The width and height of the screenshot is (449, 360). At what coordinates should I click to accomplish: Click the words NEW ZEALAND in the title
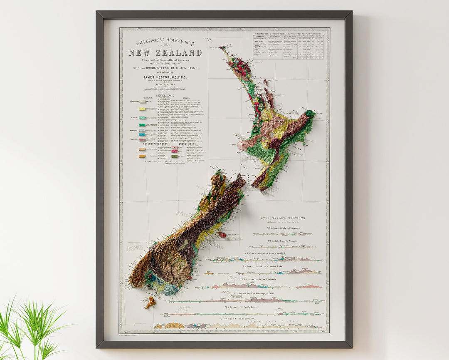click(165, 53)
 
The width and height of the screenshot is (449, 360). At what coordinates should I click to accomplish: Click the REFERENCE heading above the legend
click(165, 95)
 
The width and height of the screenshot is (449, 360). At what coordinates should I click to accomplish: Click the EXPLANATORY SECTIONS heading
click(283, 218)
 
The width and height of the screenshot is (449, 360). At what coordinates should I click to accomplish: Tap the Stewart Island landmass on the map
click(150, 302)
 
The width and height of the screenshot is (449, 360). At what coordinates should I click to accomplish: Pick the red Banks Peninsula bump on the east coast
click(223, 235)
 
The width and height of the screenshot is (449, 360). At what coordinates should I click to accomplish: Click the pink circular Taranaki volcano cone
click(242, 145)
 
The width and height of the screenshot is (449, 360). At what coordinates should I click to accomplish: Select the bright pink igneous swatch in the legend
click(174, 148)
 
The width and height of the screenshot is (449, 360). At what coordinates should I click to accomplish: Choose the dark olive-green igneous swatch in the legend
click(174, 156)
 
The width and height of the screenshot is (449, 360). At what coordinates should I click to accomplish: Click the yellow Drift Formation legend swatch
click(142, 109)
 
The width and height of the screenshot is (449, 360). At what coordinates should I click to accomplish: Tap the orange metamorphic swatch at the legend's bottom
click(142, 156)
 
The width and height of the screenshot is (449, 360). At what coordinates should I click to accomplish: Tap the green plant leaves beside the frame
click(25, 329)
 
